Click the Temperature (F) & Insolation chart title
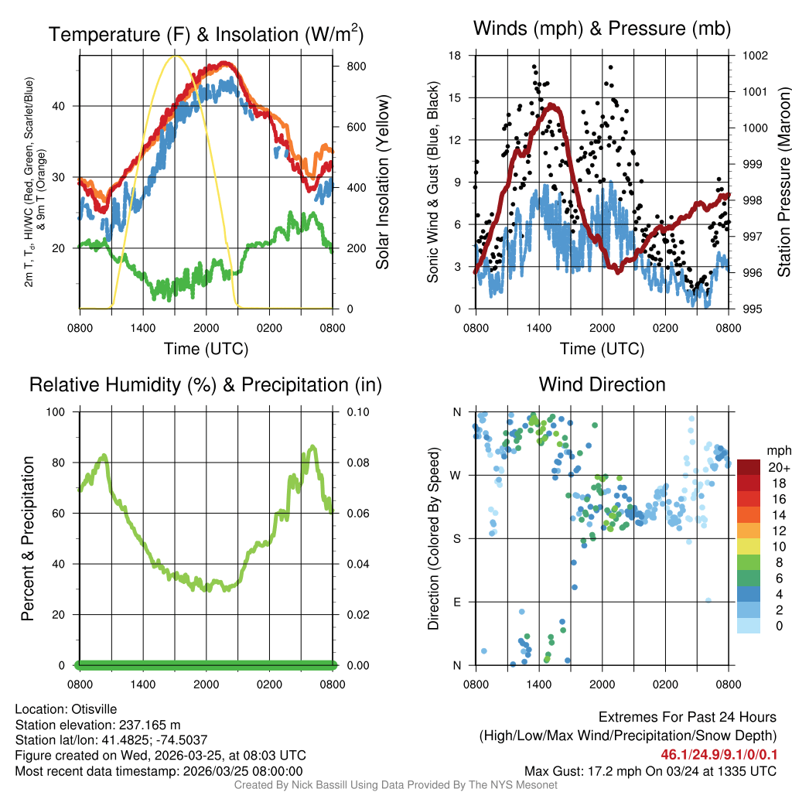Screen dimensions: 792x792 (x=206, y=34)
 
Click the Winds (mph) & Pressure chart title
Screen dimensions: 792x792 (x=602, y=29)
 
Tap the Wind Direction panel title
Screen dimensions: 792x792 (x=602, y=384)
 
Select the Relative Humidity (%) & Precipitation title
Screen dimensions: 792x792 (x=206, y=384)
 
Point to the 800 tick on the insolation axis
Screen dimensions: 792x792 (x=357, y=66)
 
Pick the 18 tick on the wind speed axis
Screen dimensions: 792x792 (x=455, y=56)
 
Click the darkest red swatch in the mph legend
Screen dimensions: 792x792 (x=749, y=467)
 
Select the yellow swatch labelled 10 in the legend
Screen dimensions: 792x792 (x=749, y=548)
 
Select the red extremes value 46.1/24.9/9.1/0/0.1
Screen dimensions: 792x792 (x=719, y=754)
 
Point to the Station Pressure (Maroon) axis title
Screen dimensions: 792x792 (x=783, y=182)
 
